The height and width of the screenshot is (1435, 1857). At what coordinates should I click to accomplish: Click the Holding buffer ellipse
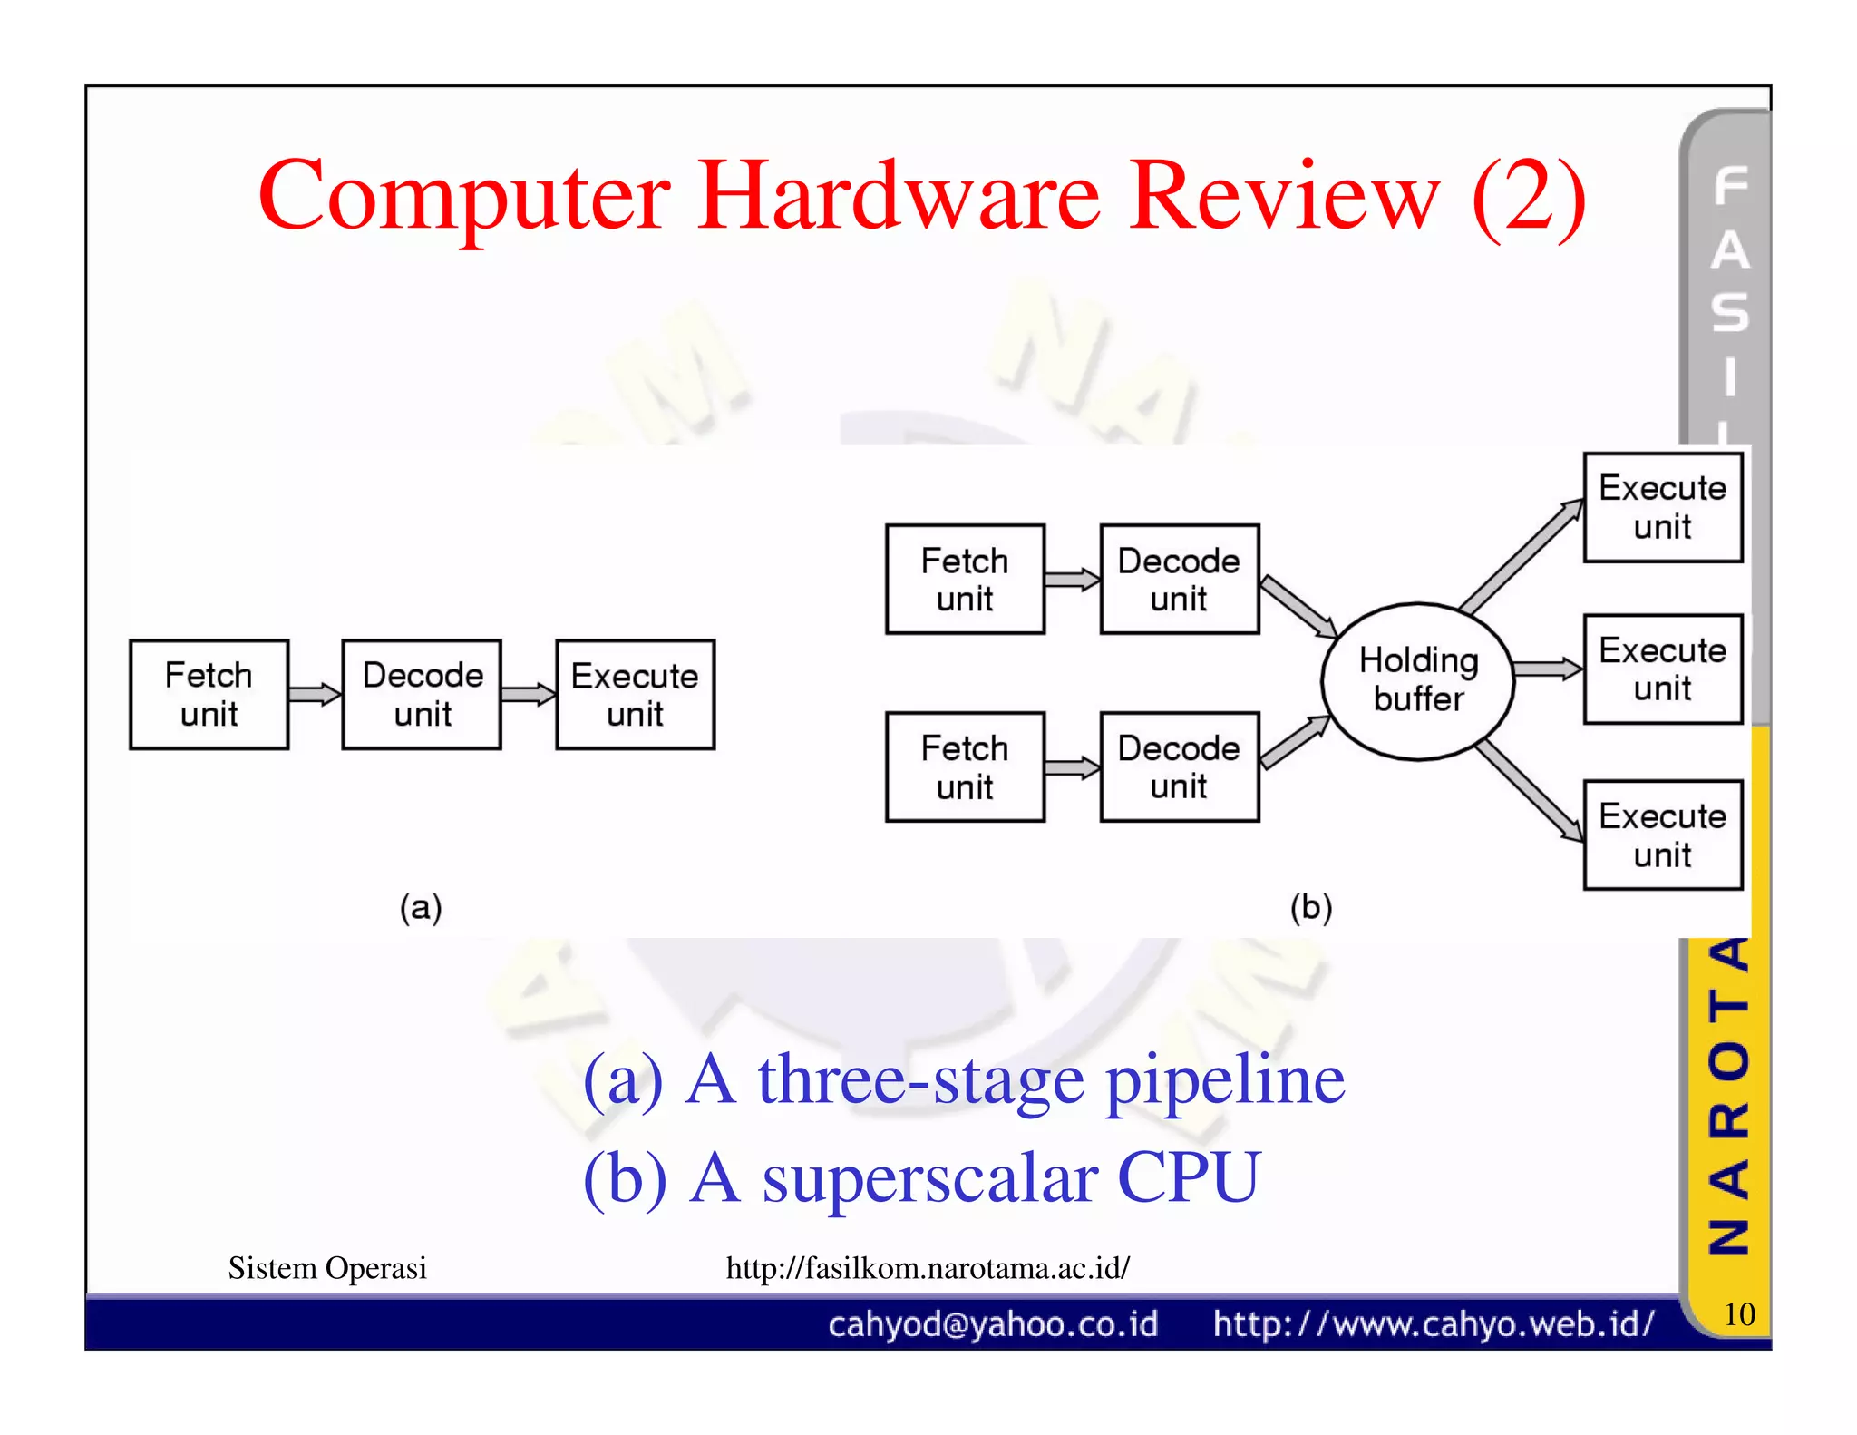point(1417,680)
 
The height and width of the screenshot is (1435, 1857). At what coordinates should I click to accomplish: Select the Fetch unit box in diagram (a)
point(209,694)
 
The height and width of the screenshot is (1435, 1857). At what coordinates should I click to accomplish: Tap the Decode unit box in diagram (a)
point(422,694)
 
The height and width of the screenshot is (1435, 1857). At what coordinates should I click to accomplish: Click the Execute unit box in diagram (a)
point(635,694)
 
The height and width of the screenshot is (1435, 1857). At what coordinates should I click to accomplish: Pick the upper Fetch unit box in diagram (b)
point(965,579)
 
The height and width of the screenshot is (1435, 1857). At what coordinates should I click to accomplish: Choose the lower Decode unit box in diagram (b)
point(1179,766)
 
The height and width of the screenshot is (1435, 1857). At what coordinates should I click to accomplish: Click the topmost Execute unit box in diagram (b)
point(1662,507)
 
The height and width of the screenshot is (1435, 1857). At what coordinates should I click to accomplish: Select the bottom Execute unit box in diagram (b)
point(1662,835)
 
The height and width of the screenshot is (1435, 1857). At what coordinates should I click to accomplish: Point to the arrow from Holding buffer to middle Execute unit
point(1547,669)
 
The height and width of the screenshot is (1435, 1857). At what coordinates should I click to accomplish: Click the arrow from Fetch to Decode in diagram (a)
point(315,695)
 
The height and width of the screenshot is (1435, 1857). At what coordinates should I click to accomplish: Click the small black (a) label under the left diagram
point(421,907)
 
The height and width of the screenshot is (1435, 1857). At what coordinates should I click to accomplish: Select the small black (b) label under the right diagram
point(1311,907)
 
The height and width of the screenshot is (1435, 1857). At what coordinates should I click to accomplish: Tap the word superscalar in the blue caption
point(930,1178)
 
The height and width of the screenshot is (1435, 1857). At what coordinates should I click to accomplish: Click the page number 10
point(1738,1313)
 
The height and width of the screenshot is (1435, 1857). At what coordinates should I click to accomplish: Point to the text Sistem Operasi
point(327,1267)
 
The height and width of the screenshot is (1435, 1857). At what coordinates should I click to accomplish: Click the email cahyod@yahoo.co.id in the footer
point(993,1324)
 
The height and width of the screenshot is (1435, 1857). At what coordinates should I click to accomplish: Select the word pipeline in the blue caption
point(1225,1081)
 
